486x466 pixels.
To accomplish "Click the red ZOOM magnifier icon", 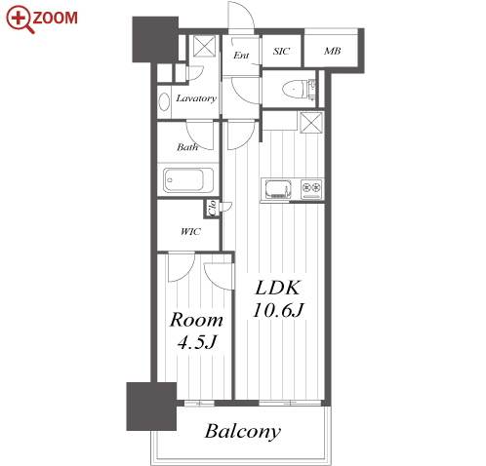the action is pos(19,19).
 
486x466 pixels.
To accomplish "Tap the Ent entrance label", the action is pos(241,56).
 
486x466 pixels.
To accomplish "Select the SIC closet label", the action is pos(281,51).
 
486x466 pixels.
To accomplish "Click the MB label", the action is pos(332,51).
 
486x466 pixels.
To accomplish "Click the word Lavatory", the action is pos(196,98).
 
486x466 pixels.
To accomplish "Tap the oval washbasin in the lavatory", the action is pos(164,101).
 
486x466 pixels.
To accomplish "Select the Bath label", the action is pos(187,147).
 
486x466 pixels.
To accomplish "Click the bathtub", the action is pos(188,179).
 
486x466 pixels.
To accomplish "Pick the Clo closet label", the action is pos(212,208).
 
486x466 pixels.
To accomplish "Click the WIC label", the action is pos(190,231).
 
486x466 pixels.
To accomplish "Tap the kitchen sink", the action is pos(279,189).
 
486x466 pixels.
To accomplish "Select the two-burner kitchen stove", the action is pos(311,189).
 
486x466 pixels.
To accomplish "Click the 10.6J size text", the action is pos(278,310).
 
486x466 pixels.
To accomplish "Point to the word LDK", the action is pos(277,288).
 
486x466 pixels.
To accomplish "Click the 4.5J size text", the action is pos(197,342).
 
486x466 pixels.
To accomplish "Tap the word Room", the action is pos(196,320).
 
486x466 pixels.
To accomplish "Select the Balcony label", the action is pos(242,432).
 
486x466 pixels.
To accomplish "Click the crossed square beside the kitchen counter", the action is pos(311,123).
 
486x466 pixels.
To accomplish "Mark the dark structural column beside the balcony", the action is pos(151,407).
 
